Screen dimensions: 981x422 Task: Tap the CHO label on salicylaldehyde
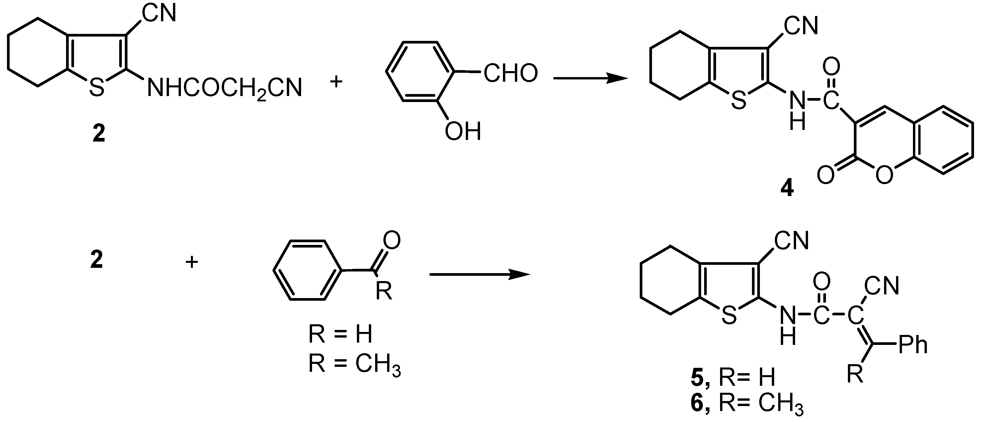tap(510, 73)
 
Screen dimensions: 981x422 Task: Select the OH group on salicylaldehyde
tap(463, 131)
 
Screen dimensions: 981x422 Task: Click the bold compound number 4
tap(787, 188)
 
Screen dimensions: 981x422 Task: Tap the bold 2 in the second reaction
tap(96, 261)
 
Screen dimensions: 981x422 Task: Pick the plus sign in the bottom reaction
tap(192, 262)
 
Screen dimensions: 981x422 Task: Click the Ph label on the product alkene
tap(913, 345)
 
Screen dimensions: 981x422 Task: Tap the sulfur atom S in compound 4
tap(739, 101)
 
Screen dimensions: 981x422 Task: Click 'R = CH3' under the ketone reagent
tap(354, 365)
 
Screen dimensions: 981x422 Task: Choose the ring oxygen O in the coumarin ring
tap(884, 175)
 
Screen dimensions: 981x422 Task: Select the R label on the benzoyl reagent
tap(383, 292)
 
